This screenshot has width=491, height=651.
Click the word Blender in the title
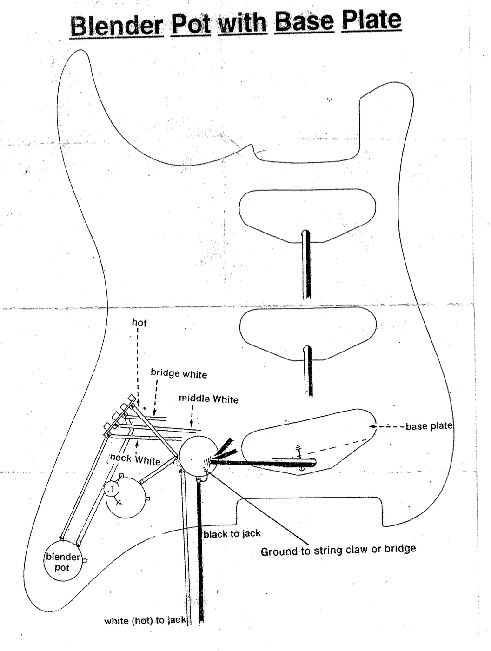[x=117, y=26]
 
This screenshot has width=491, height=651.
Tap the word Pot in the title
[x=191, y=24]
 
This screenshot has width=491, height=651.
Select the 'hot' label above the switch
[x=139, y=322]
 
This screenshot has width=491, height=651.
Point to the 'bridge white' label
[x=179, y=373]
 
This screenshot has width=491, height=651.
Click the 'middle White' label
[x=208, y=399]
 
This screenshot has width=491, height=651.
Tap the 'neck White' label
[x=135, y=459]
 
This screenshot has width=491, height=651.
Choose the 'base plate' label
[x=429, y=426]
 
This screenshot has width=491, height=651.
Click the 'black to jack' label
[x=232, y=534]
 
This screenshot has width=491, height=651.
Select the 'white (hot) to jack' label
[x=145, y=620]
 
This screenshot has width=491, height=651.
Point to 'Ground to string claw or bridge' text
[x=338, y=550]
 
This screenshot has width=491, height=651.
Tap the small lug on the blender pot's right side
[x=85, y=560]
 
